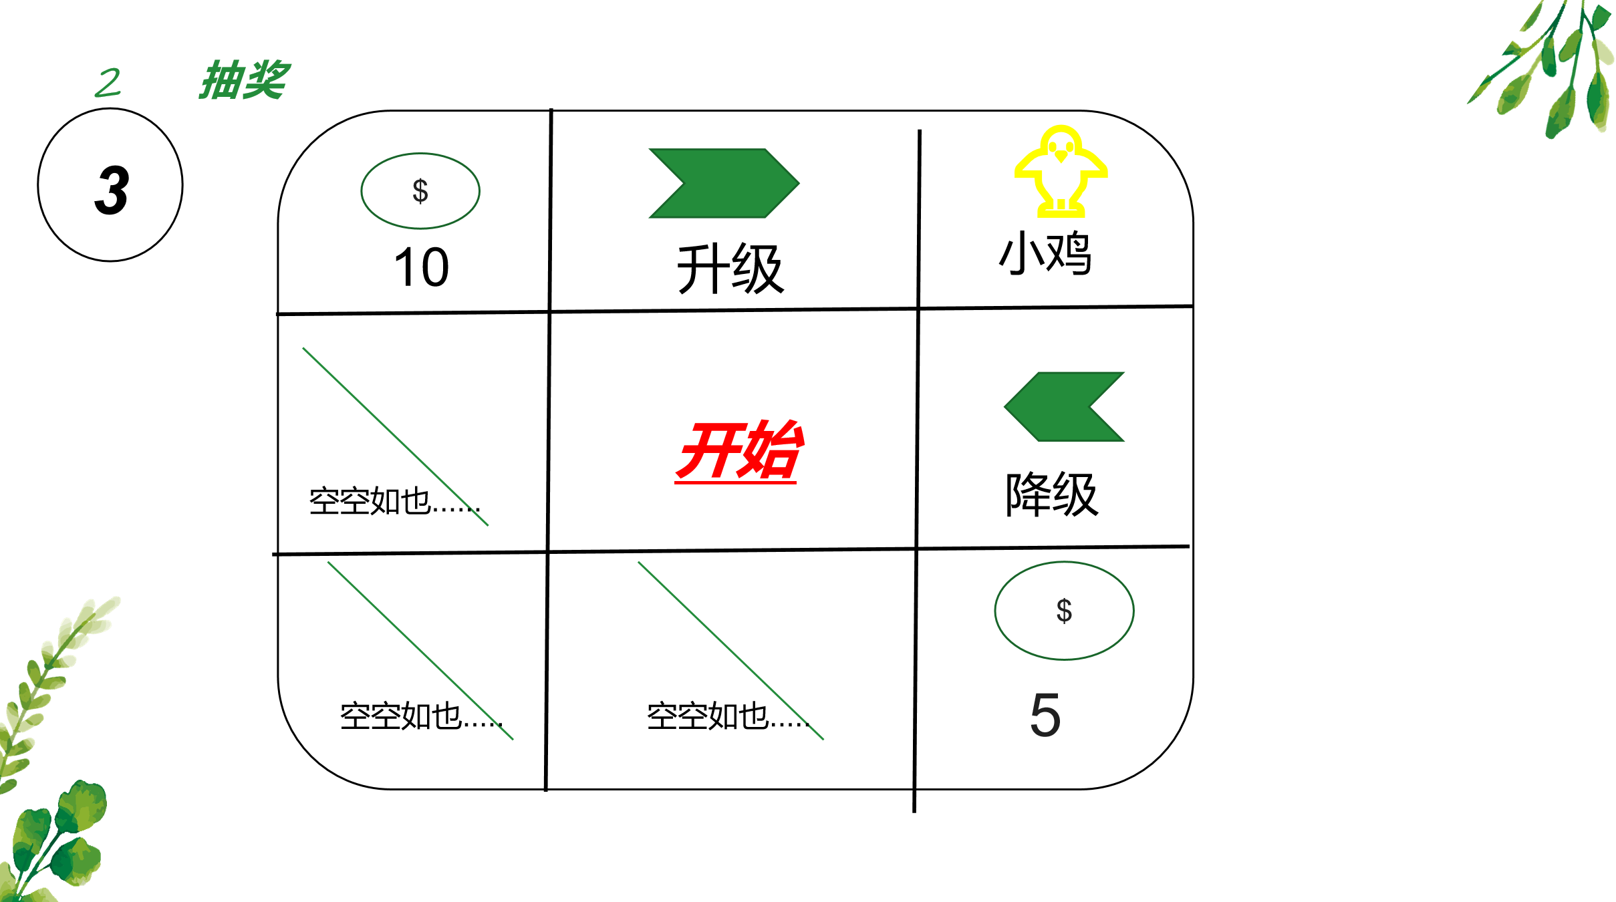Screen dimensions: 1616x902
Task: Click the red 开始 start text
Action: pos(738,450)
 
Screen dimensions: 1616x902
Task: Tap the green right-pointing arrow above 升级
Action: pos(724,183)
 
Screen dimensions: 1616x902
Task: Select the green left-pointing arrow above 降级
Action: pos(1064,406)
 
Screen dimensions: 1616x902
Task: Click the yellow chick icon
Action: pos(1061,171)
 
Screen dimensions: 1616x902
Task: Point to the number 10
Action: pos(421,267)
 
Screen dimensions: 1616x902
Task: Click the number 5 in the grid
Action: pos(1045,715)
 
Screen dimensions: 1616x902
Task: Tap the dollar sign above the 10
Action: pos(420,191)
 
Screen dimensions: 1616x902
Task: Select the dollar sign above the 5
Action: pos(1064,611)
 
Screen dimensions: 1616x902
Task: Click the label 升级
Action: pos(730,269)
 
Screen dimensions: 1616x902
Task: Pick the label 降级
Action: pos(1052,494)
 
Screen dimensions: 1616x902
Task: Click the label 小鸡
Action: pos(1045,253)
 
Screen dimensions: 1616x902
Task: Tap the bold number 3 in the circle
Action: pos(112,190)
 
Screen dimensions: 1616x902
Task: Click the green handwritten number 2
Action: pos(108,83)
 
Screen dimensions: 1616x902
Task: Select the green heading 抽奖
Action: pos(244,80)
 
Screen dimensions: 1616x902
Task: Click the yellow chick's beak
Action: pos(1061,156)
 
